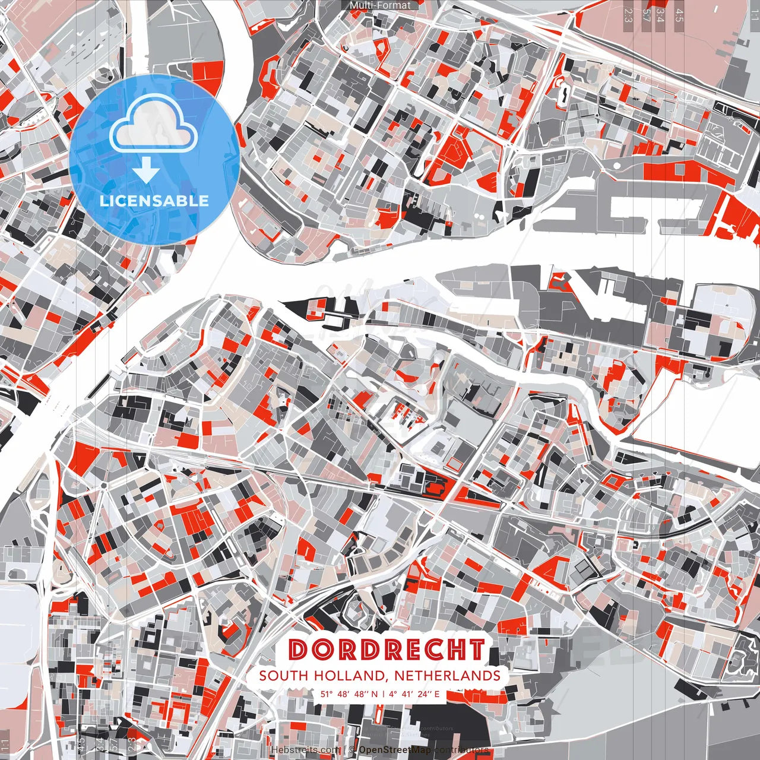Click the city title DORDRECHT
pyautogui.click(x=387, y=650)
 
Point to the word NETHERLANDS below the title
pyautogui.click(x=446, y=676)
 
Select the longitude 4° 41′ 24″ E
pyautogui.click(x=414, y=693)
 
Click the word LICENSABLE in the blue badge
pyautogui.click(x=154, y=201)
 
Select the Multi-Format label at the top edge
pyautogui.click(x=380, y=5)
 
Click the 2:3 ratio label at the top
pyautogui.click(x=628, y=15)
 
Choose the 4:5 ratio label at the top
pyautogui.click(x=679, y=15)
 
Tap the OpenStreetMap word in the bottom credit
pyautogui.click(x=395, y=750)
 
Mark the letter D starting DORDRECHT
pyautogui.click(x=299, y=650)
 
